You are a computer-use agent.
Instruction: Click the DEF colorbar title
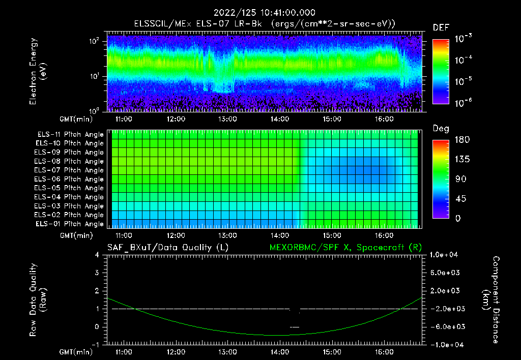click(x=441, y=27)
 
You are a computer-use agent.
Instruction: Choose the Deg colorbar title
click(x=441, y=129)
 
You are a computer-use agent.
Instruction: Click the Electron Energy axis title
click(x=38, y=71)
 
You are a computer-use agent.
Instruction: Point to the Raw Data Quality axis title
click(x=38, y=300)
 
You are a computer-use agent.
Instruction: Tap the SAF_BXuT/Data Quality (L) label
click(x=167, y=247)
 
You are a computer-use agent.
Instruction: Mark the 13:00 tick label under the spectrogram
click(x=227, y=120)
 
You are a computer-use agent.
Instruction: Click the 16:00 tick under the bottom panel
click(x=384, y=352)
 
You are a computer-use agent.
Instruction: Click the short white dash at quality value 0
click(x=295, y=327)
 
